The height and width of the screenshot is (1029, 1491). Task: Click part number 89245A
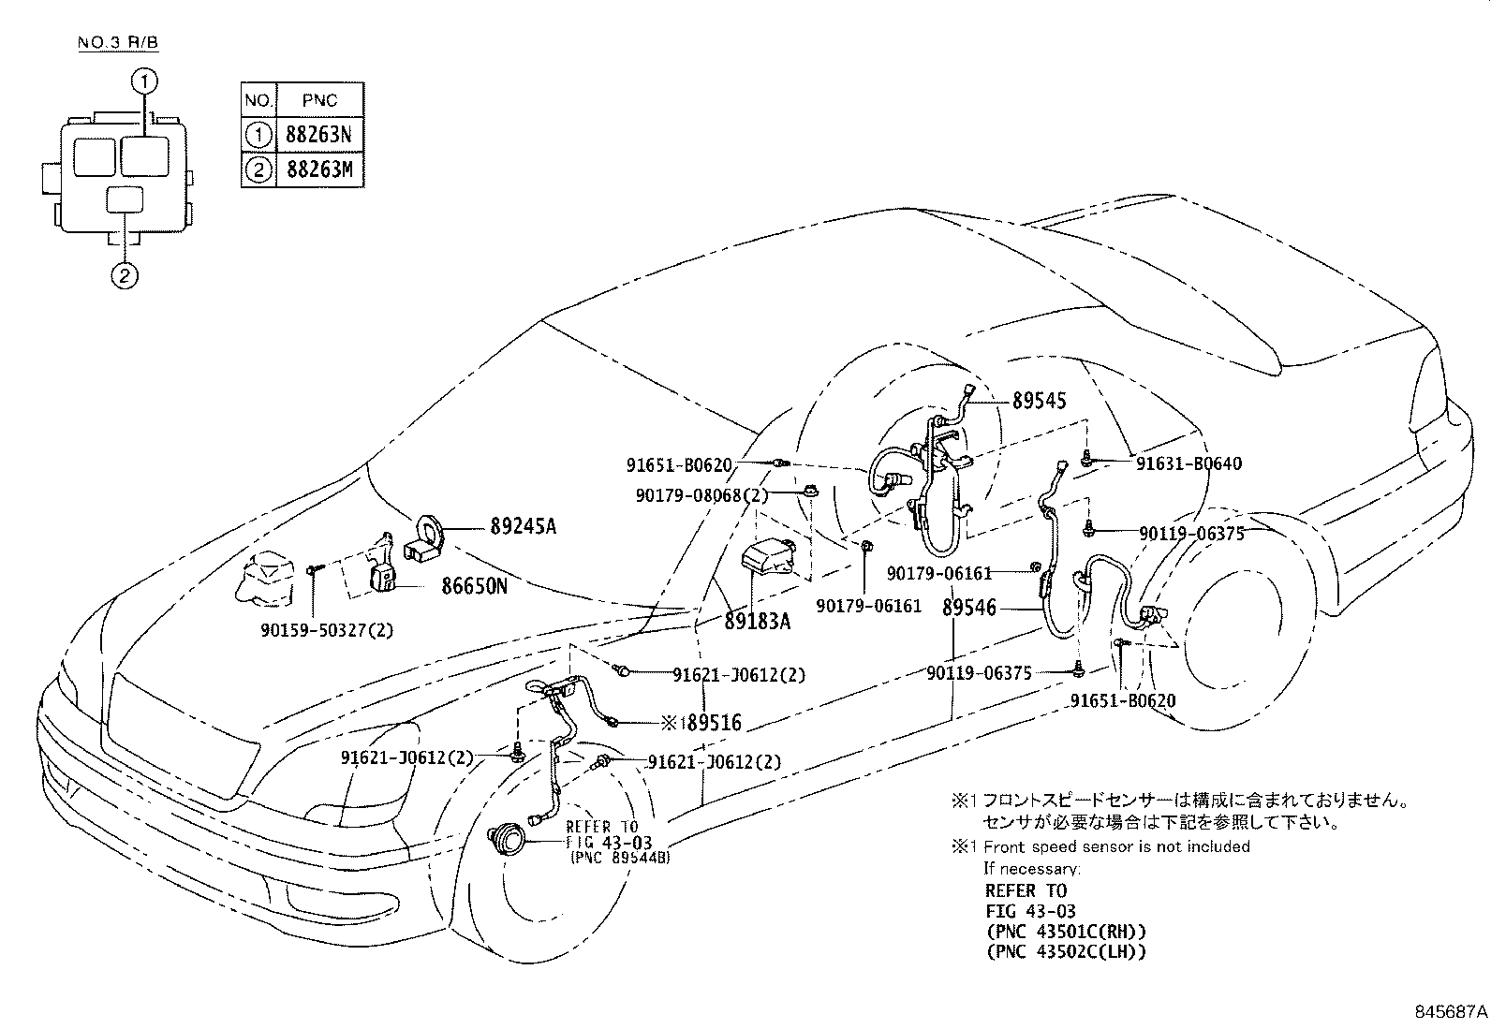coord(523,527)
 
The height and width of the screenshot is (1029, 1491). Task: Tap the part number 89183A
coord(757,620)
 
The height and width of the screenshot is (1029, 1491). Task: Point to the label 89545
coord(1039,401)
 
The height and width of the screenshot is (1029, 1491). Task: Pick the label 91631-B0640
coord(1188,463)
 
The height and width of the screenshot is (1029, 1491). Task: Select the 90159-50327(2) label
coord(327,630)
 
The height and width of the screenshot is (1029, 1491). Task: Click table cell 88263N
coord(317,135)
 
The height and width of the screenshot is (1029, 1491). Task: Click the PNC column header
coord(317,99)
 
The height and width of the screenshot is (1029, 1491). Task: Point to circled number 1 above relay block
coord(143,82)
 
